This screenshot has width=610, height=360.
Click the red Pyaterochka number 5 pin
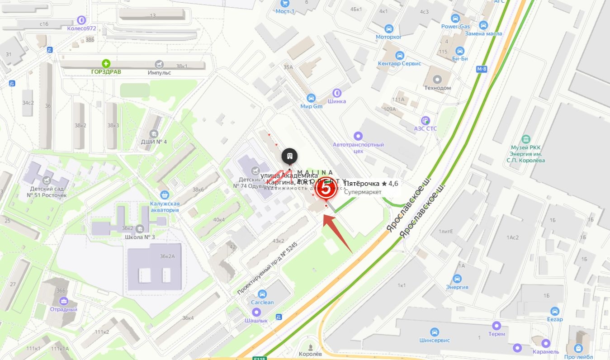(x=326, y=190)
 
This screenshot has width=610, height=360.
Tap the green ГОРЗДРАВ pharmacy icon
(x=106, y=64)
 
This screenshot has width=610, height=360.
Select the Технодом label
(x=437, y=88)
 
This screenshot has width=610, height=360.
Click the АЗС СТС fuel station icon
(x=425, y=121)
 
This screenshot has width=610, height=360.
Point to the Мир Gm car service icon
(x=311, y=98)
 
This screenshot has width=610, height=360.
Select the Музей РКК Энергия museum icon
(x=526, y=138)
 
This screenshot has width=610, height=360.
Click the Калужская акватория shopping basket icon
(x=165, y=194)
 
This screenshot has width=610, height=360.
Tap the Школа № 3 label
(x=140, y=237)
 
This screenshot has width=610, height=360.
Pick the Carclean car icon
(x=262, y=294)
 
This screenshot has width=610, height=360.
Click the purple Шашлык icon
(x=256, y=312)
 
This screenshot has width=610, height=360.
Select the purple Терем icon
(x=497, y=326)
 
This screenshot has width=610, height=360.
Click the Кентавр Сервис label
(x=399, y=63)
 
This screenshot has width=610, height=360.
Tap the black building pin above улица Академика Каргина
(x=289, y=156)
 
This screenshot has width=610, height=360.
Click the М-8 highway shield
(x=481, y=69)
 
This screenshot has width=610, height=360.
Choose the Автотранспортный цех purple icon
(x=359, y=136)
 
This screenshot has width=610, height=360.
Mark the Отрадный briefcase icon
(x=63, y=301)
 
